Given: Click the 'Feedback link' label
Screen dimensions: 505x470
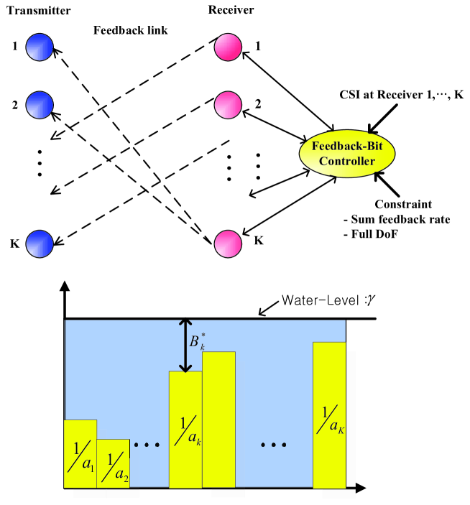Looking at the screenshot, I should pyautogui.click(x=130, y=31).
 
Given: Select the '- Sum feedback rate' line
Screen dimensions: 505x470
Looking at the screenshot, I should pyautogui.click(x=405, y=219).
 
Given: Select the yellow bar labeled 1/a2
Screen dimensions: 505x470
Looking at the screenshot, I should pyautogui.click(x=113, y=464).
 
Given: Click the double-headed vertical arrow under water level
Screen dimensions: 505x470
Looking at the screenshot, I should pyautogui.click(x=186, y=346).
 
